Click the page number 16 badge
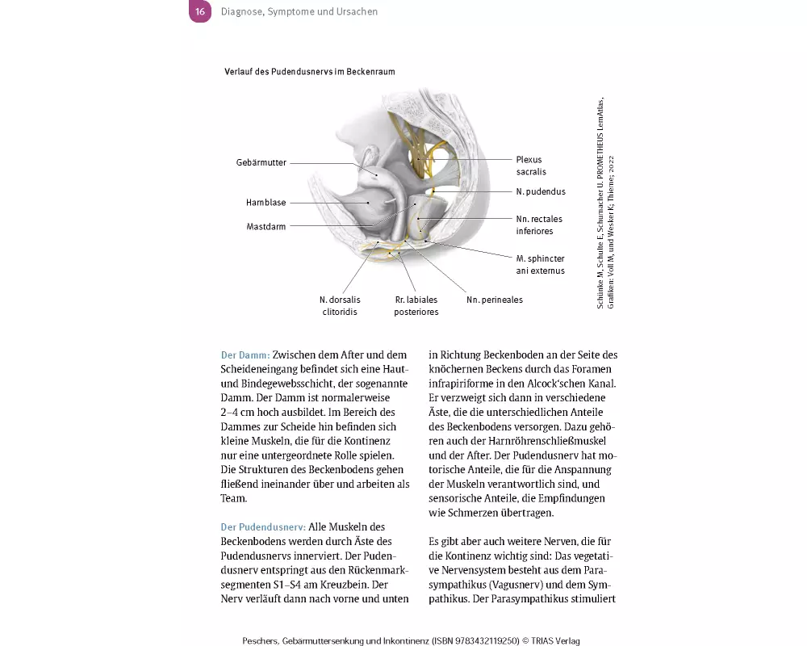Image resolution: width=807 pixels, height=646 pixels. (x=200, y=12)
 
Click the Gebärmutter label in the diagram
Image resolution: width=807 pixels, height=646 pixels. (x=261, y=162)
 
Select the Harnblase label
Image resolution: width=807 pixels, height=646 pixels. (x=266, y=203)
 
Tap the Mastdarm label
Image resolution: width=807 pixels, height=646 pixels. (x=266, y=227)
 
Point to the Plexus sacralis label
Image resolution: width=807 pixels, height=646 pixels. (x=531, y=166)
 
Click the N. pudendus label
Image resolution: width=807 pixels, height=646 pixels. (x=541, y=192)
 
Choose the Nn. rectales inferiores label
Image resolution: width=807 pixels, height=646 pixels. (x=539, y=224)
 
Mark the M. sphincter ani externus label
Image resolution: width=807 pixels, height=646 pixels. (x=540, y=264)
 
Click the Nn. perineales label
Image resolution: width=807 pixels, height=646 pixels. (x=495, y=300)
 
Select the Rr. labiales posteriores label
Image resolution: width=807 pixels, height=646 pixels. (x=416, y=305)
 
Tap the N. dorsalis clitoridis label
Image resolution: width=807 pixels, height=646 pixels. (x=338, y=305)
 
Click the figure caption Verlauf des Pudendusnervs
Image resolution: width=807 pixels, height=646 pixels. (x=310, y=72)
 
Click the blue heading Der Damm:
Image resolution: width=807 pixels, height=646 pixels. (x=245, y=354)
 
